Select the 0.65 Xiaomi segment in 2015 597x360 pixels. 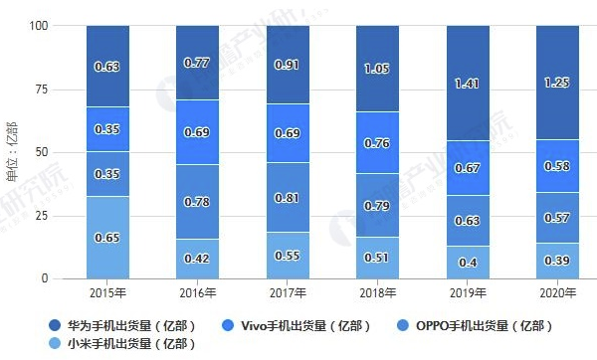106,238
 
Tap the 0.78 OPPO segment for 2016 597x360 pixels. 197,202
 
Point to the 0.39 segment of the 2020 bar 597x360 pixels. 556,261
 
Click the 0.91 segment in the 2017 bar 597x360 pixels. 287,66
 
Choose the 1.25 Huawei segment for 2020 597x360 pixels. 556,82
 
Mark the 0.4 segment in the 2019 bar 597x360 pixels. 467,262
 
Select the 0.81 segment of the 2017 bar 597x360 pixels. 287,197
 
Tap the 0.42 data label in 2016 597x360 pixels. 197,260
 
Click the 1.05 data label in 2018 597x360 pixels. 377,69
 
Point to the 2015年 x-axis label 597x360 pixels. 106,293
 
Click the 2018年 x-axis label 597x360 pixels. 377,293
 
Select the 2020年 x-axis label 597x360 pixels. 556,293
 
